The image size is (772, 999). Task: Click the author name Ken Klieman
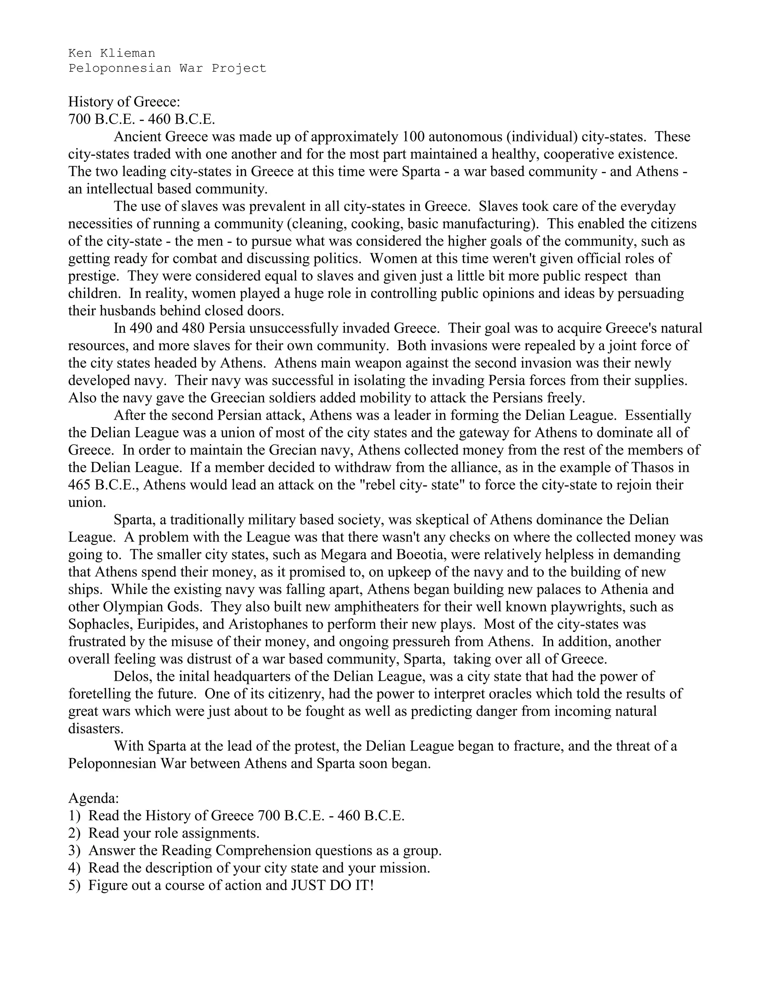(112, 53)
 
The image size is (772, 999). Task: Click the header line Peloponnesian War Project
(167, 68)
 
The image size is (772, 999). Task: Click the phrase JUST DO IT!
(333, 885)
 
